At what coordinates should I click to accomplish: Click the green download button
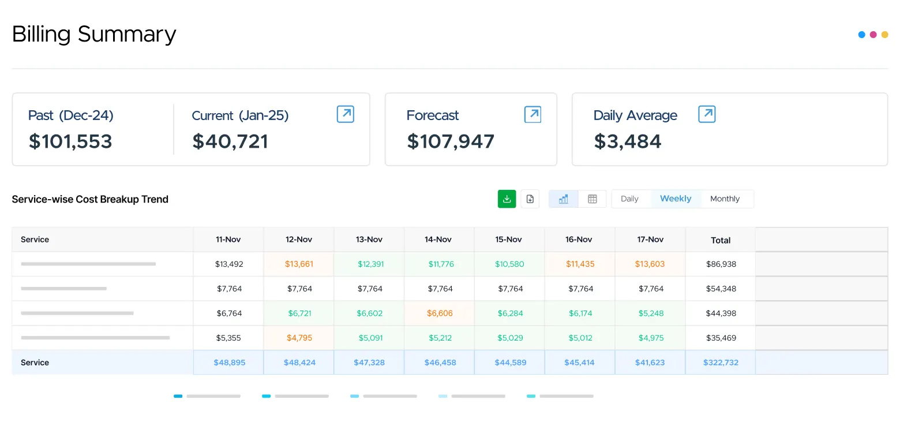(x=507, y=199)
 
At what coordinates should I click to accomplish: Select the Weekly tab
(x=676, y=199)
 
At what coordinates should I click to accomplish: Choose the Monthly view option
(x=725, y=199)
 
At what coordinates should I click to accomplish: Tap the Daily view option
(x=629, y=199)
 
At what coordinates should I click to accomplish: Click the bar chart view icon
(x=563, y=199)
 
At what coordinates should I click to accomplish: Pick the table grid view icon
(x=592, y=199)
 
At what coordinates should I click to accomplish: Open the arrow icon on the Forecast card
(x=532, y=114)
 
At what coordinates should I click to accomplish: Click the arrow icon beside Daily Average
(x=707, y=114)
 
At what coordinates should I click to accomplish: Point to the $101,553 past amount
(x=70, y=141)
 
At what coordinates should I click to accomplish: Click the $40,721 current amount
(x=230, y=141)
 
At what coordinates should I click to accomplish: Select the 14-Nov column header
(x=438, y=240)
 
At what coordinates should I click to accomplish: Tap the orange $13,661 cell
(x=299, y=264)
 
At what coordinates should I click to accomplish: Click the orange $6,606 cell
(x=440, y=313)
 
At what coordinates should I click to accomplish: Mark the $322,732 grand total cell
(x=721, y=363)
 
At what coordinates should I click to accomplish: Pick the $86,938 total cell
(x=721, y=264)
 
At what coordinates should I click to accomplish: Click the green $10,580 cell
(x=509, y=264)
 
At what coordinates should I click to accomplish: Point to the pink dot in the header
(x=873, y=35)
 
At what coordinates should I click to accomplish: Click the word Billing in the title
(x=42, y=35)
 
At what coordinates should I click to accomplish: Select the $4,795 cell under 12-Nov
(x=299, y=338)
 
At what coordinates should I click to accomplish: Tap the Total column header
(x=721, y=240)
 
